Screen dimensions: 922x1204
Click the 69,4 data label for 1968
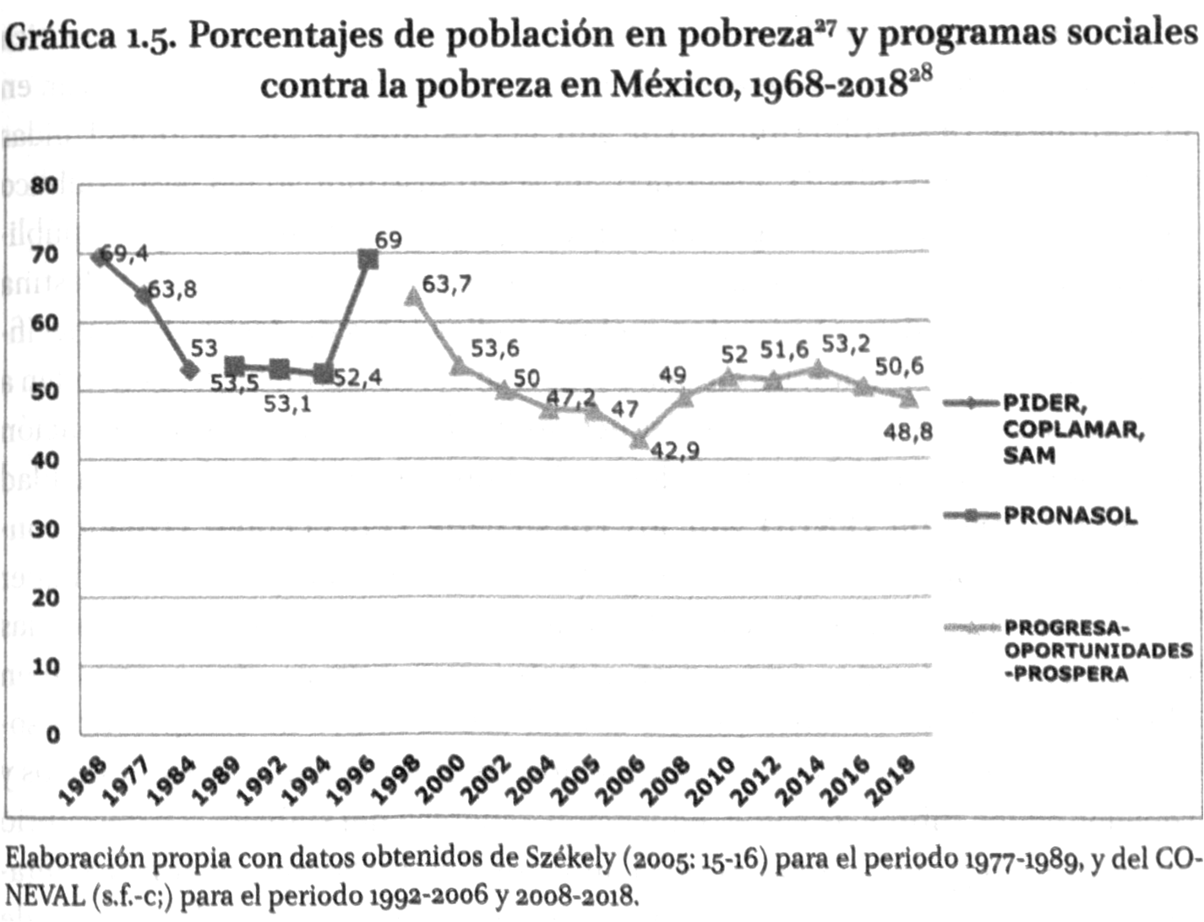coord(124,253)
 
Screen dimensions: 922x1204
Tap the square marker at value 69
coord(368,259)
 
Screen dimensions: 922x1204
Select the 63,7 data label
coord(446,285)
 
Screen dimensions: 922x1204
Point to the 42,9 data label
coord(674,451)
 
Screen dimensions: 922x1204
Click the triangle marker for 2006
coord(640,440)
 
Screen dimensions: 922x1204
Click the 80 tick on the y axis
coord(46,185)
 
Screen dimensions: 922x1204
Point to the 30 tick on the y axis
coord(46,529)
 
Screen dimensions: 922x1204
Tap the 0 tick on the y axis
coord(52,735)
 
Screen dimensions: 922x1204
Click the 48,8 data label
coord(908,432)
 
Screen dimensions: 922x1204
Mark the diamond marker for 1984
coord(189,370)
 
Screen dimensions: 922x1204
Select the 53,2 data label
coord(846,345)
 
